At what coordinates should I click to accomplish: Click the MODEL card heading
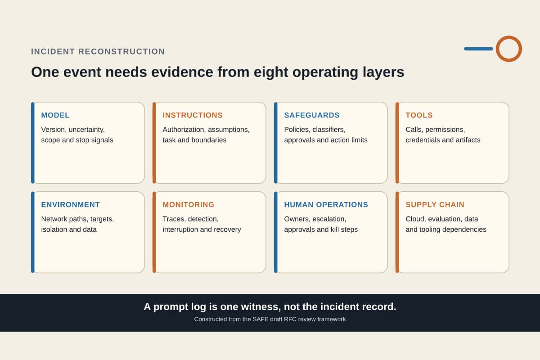[x=55, y=115]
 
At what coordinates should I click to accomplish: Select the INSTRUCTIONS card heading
[x=193, y=115]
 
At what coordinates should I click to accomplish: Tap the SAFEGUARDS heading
[x=312, y=115]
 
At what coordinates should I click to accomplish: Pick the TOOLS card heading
[x=419, y=115]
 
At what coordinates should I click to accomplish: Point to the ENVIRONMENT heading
[x=70, y=205]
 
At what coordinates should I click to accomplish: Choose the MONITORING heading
[x=188, y=205]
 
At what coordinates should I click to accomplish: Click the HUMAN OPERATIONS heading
[x=326, y=205]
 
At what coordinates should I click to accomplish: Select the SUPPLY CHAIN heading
[x=435, y=205]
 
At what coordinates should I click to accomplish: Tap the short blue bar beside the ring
[x=478, y=49]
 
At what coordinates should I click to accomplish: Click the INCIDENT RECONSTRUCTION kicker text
[x=98, y=52]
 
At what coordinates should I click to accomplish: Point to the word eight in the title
[x=271, y=72]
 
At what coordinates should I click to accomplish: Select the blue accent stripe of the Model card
[x=33, y=143]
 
